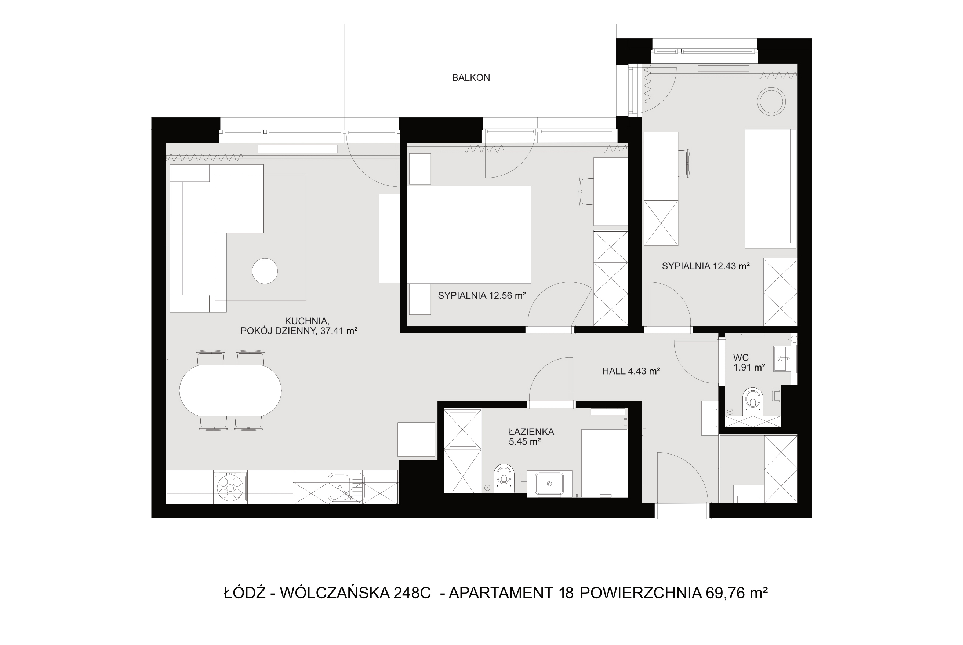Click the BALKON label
click(470, 77)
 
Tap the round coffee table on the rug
click(265, 271)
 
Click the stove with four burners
click(230, 487)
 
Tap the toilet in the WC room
click(753, 401)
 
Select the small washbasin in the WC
click(782, 359)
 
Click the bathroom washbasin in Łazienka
click(549, 484)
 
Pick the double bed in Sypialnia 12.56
click(469, 234)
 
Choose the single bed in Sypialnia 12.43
click(770, 188)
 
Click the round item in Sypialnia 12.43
click(771, 101)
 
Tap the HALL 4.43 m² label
click(631, 371)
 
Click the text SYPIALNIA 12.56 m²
click(482, 295)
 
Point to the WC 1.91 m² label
click(749, 362)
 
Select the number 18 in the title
click(566, 593)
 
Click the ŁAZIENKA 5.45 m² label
click(531, 437)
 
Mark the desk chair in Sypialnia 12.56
click(586, 192)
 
